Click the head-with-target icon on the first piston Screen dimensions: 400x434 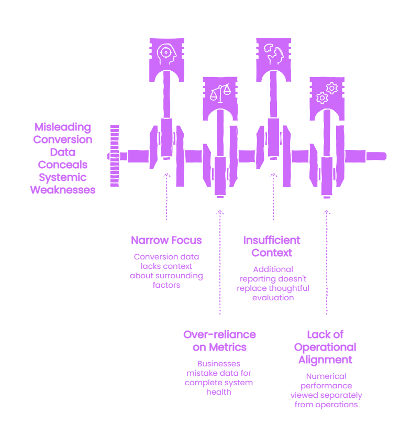point(166,54)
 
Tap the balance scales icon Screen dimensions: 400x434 point(220,93)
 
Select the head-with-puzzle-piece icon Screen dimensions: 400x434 point(274,54)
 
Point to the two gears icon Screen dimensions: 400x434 point(327,93)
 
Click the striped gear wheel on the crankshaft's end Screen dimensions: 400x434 point(115,156)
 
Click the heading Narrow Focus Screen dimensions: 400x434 point(166,240)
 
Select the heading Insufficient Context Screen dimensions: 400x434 point(272,246)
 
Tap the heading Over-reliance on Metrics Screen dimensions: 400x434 point(219,341)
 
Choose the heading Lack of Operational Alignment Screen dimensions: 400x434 point(325,347)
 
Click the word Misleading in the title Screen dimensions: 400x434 point(63,127)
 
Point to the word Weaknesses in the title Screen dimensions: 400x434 point(63,190)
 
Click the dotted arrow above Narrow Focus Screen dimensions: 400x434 point(166,197)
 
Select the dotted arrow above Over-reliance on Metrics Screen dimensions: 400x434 point(220,263)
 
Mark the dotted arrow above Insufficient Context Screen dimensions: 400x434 point(273,197)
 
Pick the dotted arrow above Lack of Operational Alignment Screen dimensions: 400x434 point(327,263)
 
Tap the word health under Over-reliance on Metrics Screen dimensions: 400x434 point(219,392)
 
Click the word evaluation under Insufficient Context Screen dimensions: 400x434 point(273,298)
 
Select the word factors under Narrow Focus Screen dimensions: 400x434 point(166,285)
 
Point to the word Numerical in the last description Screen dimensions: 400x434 point(326,376)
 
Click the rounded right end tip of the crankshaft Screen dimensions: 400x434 point(385,156)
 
